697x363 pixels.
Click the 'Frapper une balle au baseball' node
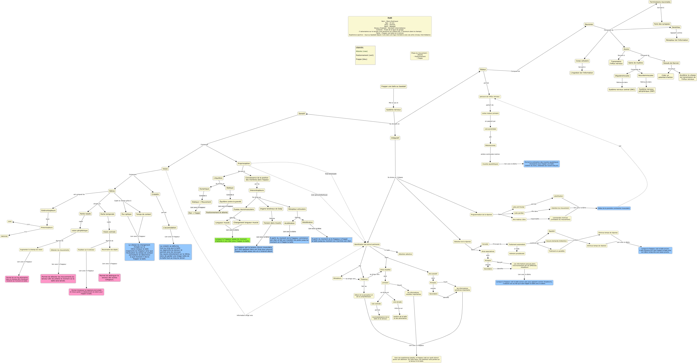(393, 87)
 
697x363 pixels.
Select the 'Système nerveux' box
(393, 110)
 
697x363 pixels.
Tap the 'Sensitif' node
(302, 114)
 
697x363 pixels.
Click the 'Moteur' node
(483, 70)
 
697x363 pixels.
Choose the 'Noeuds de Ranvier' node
(671, 63)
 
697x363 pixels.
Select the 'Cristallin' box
(155, 194)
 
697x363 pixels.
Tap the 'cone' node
(10, 222)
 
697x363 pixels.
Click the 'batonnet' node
(4, 236)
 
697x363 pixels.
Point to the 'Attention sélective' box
(405, 254)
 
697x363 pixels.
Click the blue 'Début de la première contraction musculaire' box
(614, 208)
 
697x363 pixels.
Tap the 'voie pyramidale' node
(490, 129)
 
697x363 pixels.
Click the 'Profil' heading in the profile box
(390, 18)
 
